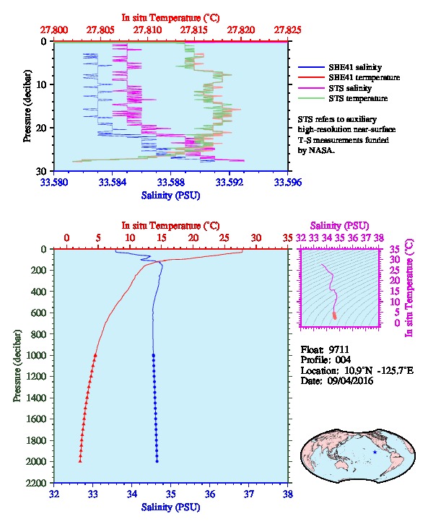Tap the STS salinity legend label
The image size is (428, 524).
350,88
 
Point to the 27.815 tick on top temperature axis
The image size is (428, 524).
193,30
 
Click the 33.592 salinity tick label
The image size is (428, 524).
230,182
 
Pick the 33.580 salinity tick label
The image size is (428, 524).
54,182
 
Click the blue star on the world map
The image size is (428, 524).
375,452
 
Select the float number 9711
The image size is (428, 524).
339,349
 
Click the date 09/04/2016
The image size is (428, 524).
350,380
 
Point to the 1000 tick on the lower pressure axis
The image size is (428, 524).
36,355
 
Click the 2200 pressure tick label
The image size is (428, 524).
36,483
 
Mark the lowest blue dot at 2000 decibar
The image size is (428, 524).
157,461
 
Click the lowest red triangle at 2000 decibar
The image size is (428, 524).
80,460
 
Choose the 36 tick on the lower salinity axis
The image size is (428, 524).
210,494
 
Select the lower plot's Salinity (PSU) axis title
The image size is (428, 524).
171,507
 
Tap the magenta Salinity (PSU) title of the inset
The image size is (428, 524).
339,226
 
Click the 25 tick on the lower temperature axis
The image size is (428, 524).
224,237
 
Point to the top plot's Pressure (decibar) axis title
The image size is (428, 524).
27,106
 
